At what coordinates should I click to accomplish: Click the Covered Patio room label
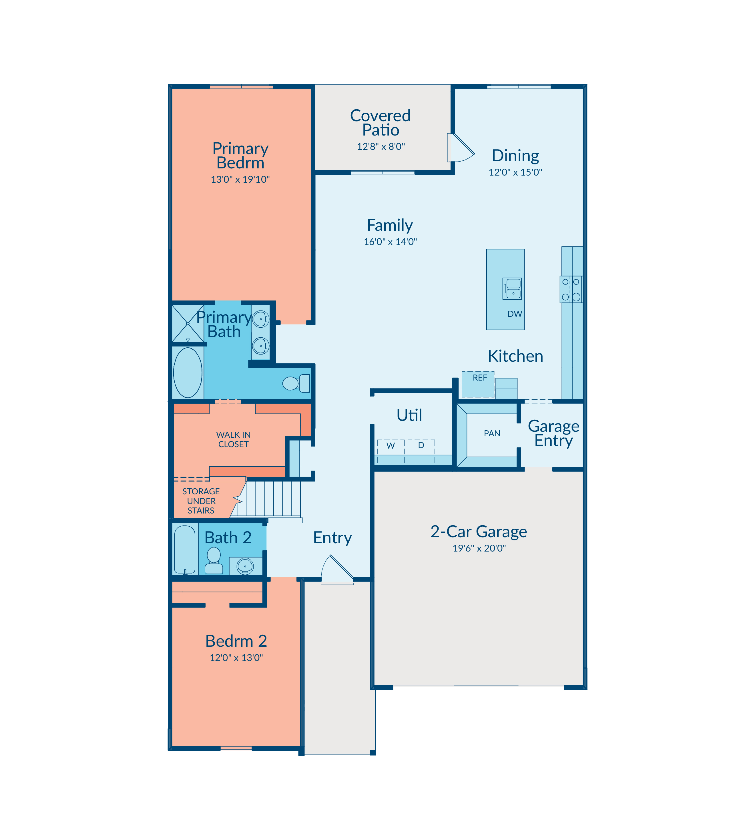point(380,122)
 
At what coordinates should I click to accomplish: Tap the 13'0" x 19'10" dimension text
point(240,180)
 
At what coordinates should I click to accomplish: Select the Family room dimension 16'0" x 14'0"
point(390,242)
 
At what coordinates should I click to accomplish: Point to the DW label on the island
point(515,314)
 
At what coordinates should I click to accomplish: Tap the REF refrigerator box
point(478,384)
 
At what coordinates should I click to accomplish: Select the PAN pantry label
point(492,433)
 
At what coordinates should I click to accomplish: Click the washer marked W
point(391,451)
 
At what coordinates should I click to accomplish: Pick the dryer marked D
point(421,451)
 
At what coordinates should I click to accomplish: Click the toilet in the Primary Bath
point(296,383)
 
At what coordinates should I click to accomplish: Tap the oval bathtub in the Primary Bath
point(188,372)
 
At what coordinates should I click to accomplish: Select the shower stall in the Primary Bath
point(188,323)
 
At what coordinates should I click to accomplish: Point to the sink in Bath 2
point(245,566)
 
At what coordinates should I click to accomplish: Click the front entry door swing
point(337,570)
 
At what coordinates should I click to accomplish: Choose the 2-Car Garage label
point(479,531)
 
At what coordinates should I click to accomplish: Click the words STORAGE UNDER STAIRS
point(201,501)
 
